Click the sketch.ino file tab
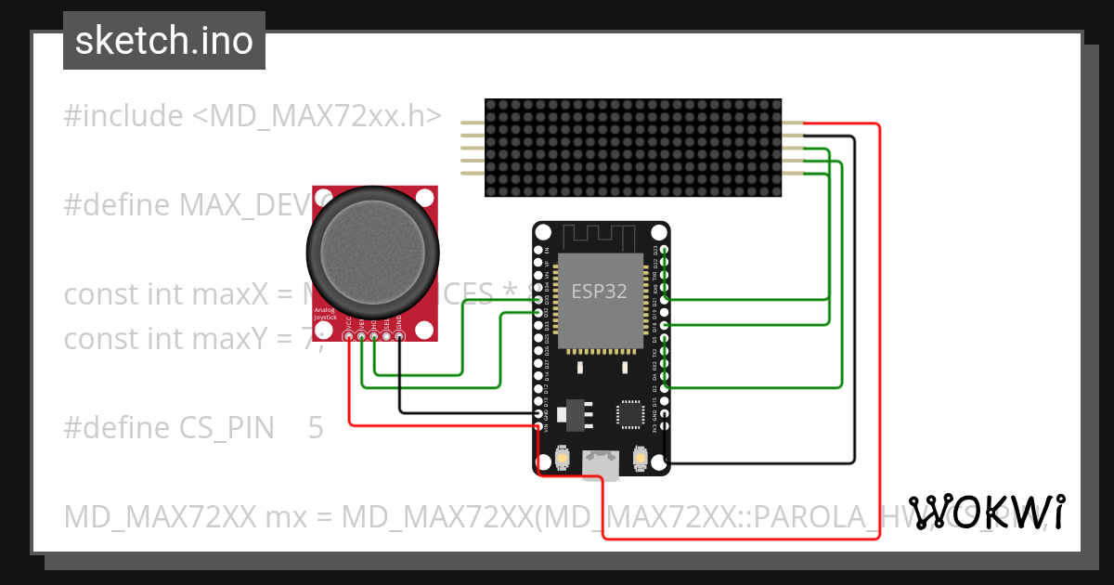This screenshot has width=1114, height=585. [164, 41]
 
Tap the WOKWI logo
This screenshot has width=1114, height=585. [986, 513]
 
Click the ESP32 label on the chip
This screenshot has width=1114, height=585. [599, 291]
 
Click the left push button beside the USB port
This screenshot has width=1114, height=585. [563, 458]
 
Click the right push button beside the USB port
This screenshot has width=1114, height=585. [640, 458]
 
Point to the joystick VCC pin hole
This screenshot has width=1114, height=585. [349, 337]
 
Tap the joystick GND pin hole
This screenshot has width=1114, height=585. [399, 337]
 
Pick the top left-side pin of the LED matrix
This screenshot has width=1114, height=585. [473, 123]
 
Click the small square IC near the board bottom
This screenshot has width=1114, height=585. [631, 414]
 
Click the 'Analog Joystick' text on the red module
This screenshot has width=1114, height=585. [325, 314]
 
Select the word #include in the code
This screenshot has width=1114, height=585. [123, 116]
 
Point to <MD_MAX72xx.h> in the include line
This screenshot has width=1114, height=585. [317, 116]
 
